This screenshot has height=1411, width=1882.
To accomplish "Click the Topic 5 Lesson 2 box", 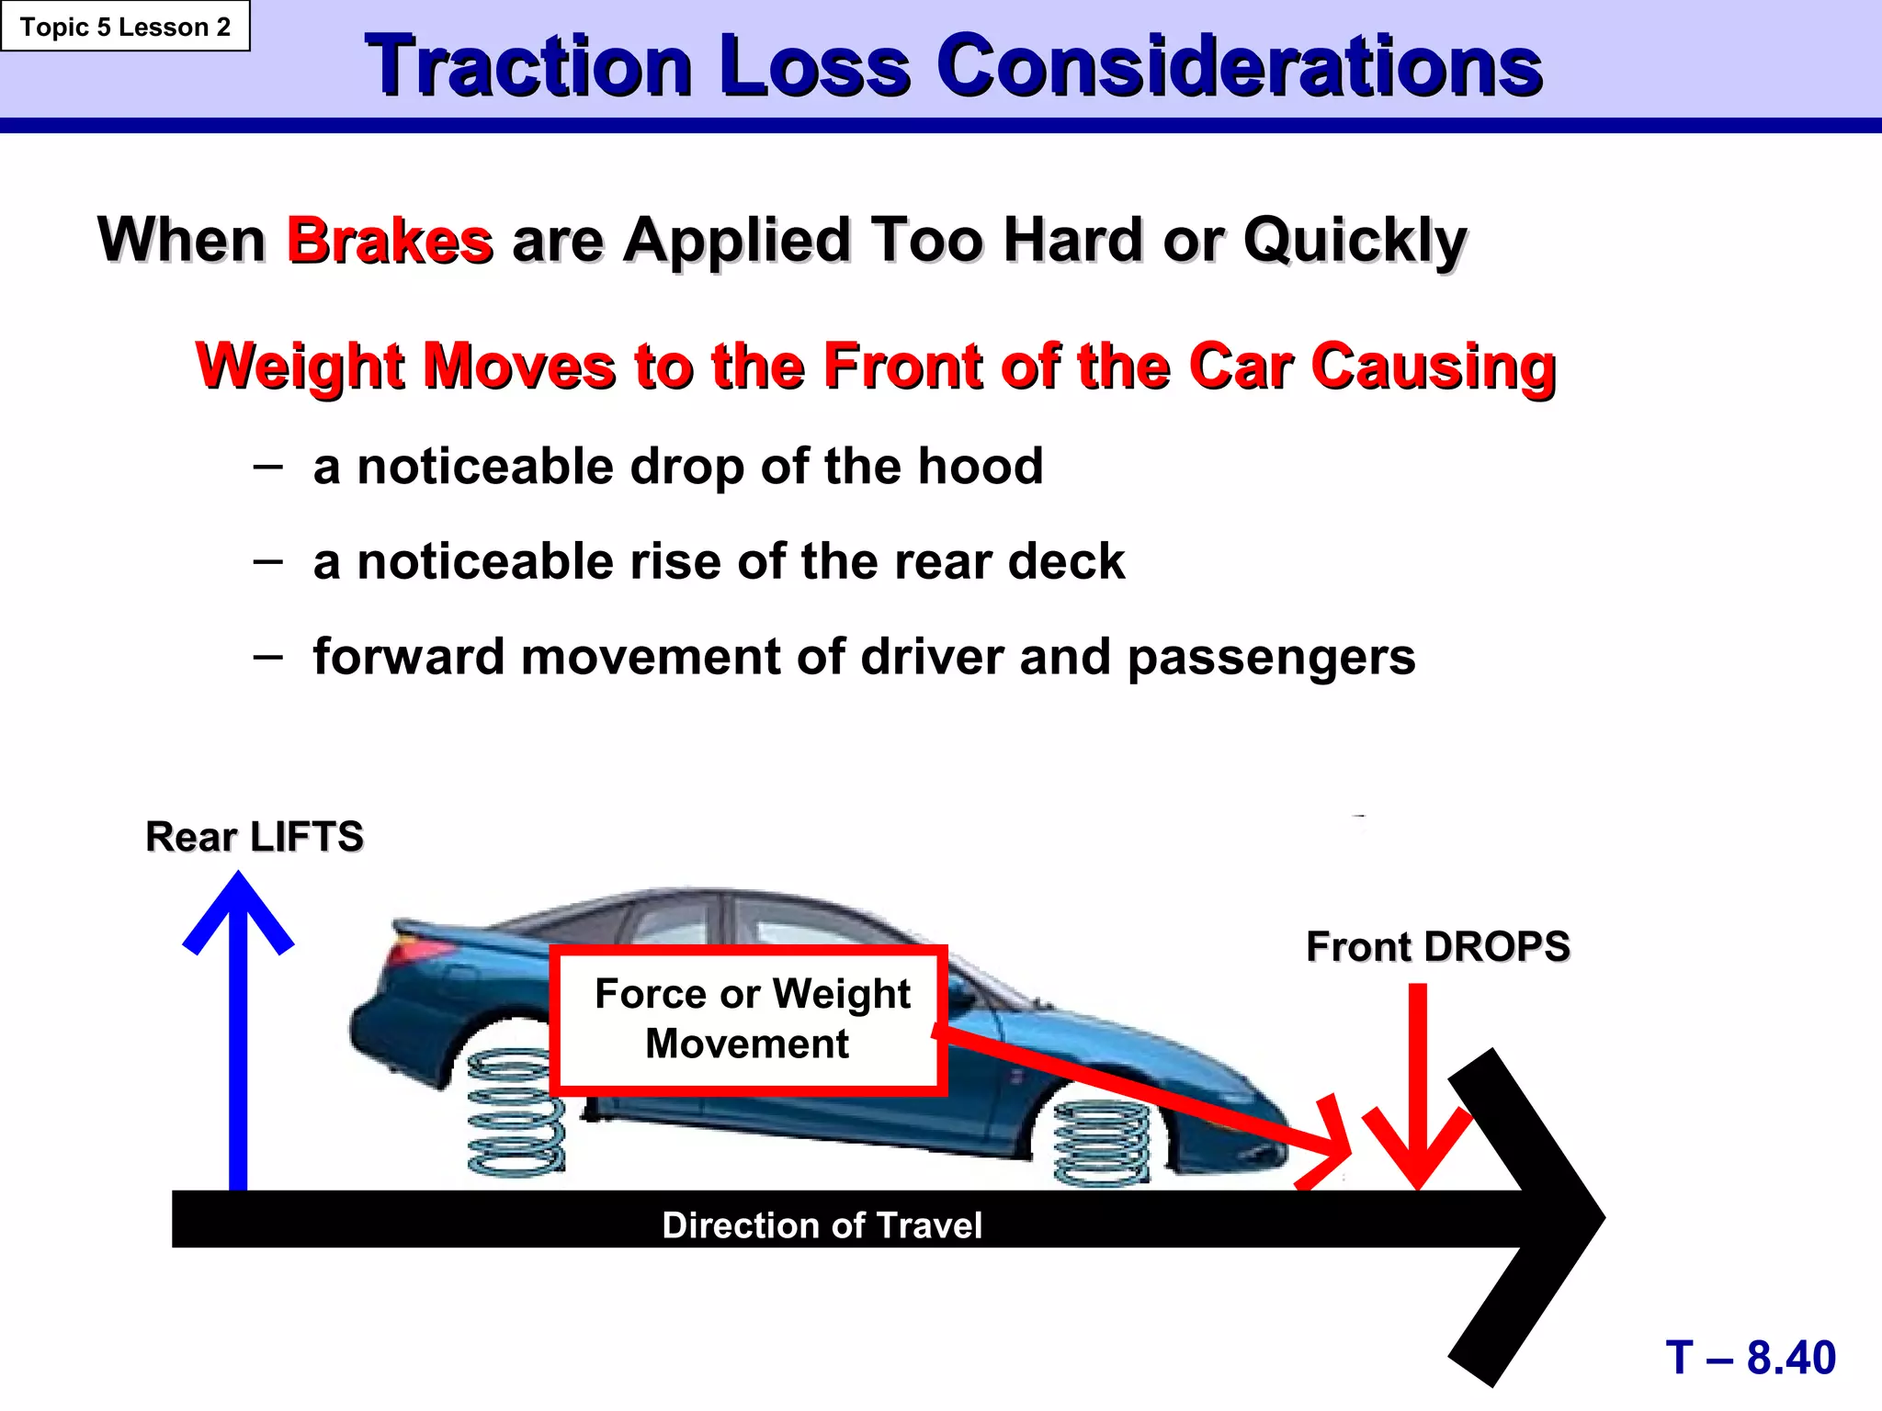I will (x=125, y=27).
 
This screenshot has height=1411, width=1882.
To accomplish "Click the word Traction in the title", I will (x=528, y=66).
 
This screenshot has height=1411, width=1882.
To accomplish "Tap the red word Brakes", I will (x=390, y=241).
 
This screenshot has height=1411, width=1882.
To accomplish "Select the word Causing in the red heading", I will (x=1433, y=367).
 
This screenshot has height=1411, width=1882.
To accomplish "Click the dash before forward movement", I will (x=267, y=656).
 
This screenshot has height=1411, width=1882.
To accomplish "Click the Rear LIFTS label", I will (x=255, y=837).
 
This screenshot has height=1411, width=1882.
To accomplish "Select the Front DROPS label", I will (x=1437, y=947).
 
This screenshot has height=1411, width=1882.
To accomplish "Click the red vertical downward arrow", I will (x=1418, y=1084).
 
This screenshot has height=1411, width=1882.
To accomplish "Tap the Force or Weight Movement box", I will (x=749, y=1020).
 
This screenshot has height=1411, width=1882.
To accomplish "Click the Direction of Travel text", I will (x=822, y=1225).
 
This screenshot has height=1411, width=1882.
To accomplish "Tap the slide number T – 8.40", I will (x=1750, y=1357).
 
